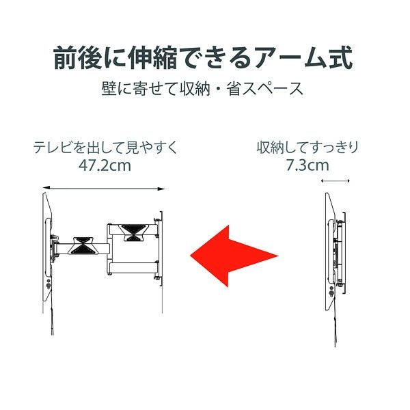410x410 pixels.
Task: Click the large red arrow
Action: coord(233,256)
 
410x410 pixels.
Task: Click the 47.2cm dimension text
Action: coord(105,166)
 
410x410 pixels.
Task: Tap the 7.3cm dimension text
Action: coord(307,165)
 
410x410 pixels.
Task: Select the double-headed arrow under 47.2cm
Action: coord(104,189)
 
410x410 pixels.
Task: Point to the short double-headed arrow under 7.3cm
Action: coord(336,180)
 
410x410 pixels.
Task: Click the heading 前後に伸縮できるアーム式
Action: coord(203,58)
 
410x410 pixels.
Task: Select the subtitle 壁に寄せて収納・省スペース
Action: coord(202,89)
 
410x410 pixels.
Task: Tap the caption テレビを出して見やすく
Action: coord(105,147)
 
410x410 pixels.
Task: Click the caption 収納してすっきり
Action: coord(307,147)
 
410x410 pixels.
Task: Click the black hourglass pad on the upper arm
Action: coord(134,232)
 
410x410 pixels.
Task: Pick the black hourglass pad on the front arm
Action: coord(83,245)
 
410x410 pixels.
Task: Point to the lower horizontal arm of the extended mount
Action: coord(134,268)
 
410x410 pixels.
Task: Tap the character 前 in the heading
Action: coord(66,58)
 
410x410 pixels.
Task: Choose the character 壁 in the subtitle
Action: coord(109,89)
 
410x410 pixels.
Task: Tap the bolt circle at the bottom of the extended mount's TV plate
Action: coord(49,286)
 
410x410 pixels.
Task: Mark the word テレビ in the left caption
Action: coord(52,147)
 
